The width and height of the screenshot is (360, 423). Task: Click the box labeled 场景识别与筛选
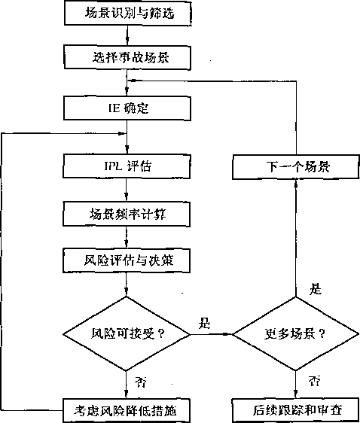pos(128,13)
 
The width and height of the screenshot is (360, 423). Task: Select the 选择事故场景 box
pos(127,57)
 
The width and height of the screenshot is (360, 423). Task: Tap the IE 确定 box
pos(127,108)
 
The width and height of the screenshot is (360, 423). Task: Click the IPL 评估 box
pos(127,166)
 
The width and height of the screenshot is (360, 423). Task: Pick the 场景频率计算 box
pos(127,215)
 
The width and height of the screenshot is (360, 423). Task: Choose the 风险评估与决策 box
pos(127,260)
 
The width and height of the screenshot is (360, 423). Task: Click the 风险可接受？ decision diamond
pos(127,334)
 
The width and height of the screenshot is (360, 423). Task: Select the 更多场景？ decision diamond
pos(296,334)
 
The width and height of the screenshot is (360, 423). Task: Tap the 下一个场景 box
pos(296,167)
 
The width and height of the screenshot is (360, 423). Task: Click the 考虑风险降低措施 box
pos(127,411)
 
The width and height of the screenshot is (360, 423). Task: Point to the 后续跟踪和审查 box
pos(296,410)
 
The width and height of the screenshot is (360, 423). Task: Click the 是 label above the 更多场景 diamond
pos(316,289)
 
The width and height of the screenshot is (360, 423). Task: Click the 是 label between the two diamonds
pos(205,323)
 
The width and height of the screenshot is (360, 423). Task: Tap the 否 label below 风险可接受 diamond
pos(141,382)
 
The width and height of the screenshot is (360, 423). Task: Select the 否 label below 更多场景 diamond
pos(314,380)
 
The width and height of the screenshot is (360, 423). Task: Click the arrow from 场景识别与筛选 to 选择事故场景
pos(127,35)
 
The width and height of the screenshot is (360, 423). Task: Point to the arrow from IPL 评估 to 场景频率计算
pos(127,190)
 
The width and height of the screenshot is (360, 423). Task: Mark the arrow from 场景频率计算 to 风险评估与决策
pos(127,237)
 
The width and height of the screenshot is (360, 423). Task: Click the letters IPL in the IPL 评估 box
pos(113,166)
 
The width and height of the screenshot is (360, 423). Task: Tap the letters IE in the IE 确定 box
pos(114,108)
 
